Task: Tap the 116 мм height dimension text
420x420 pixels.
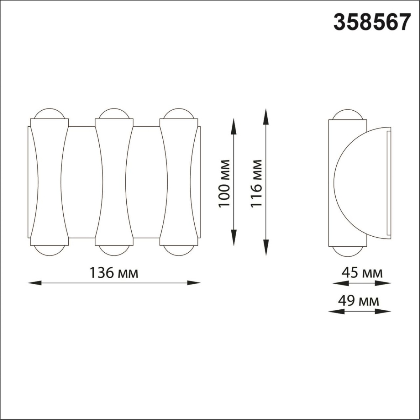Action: pyautogui.click(x=256, y=183)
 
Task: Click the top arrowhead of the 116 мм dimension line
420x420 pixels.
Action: pyautogui.click(x=266, y=114)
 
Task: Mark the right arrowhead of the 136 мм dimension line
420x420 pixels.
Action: pyautogui.click(x=195, y=282)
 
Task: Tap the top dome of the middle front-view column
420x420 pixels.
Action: pyautogui.click(x=114, y=114)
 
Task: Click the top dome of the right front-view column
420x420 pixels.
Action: pyautogui.click(x=178, y=114)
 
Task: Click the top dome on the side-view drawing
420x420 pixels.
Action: pyautogui.click(x=347, y=115)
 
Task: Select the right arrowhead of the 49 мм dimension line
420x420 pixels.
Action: pyautogui.click(x=386, y=311)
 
